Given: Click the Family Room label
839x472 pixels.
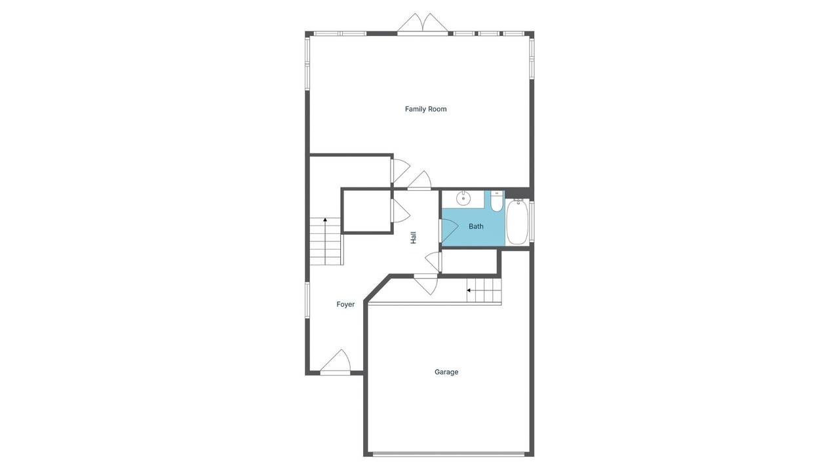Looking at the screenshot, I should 425,109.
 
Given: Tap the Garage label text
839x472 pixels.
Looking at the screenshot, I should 446,372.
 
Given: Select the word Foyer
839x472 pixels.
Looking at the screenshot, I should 345,304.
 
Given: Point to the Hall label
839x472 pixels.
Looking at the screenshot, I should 414,237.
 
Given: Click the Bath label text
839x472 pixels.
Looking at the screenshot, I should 476,226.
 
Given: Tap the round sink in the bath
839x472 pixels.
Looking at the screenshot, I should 463,198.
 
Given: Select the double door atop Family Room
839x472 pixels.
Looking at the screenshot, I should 423,24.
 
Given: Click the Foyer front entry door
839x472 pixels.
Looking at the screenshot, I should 336,363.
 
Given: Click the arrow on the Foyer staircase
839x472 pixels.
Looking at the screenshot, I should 325,220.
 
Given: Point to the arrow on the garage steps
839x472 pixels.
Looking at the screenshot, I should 469,290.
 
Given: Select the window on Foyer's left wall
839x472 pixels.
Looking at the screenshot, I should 307,300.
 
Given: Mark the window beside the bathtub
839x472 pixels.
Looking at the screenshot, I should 532,220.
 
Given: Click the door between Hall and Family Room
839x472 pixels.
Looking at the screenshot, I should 419,181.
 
